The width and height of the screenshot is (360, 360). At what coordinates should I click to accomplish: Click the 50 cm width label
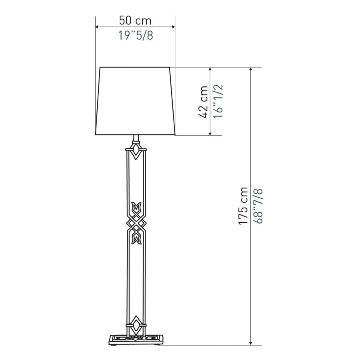135,21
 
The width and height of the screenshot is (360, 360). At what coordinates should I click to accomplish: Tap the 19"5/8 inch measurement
136,36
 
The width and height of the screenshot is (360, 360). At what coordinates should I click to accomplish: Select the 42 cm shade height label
203,102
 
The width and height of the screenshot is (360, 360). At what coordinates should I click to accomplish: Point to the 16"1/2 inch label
218,101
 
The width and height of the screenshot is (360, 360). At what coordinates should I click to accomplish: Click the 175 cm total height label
243,206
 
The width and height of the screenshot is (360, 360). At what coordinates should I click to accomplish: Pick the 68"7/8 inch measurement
258,206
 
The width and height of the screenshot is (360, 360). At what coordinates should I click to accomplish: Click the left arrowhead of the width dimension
97,27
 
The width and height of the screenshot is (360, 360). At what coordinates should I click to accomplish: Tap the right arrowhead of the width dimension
174,27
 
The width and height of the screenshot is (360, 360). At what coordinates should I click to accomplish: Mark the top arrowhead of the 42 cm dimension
210,69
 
